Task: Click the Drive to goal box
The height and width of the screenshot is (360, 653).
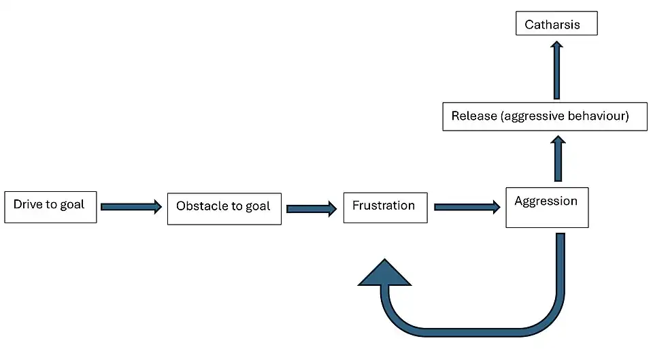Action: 50,206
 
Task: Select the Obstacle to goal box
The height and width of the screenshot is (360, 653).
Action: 224,207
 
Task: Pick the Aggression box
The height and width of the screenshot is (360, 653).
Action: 547,207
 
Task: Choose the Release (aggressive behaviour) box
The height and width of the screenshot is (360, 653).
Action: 545,116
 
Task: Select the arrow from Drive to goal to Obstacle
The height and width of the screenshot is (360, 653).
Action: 131,206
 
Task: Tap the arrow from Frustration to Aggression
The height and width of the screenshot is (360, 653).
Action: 466,207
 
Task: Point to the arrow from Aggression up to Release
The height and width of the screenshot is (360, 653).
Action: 558,158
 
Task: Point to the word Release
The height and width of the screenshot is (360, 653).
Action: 473,116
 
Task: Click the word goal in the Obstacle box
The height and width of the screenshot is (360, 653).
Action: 256,206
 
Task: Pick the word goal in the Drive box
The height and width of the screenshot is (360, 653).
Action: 71,204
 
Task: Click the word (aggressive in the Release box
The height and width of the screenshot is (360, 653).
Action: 534,116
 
